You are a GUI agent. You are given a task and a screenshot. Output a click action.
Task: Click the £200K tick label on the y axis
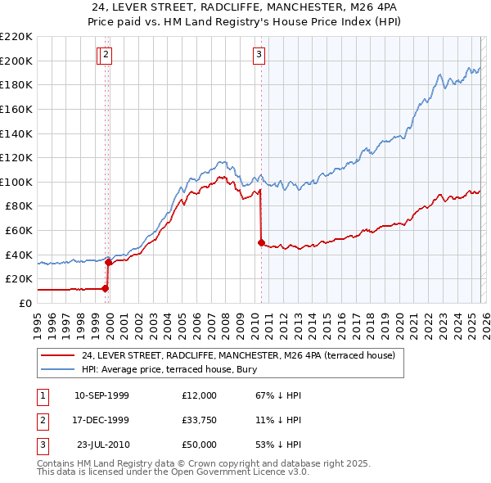[x=16, y=61]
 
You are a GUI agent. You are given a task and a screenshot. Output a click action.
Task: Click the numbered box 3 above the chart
[x=259, y=55]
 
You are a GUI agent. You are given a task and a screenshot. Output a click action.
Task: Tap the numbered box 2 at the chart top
[x=107, y=55]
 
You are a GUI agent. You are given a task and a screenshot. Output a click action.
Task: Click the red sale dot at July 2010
[x=261, y=242]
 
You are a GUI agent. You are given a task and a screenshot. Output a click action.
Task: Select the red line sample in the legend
[x=57, y=356]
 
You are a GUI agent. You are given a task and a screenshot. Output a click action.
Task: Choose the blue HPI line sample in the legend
[x=57, y=370]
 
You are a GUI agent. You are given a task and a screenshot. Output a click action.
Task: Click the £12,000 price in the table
[x=200, y=395]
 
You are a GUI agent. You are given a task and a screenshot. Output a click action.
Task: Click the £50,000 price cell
[x=200, y=445]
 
